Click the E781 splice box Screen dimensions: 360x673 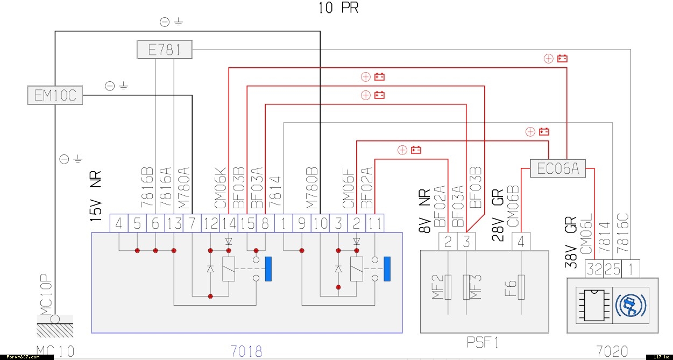tap(164, 51)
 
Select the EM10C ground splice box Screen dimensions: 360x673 tap(55, 96)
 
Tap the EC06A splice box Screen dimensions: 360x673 tap(557, 168)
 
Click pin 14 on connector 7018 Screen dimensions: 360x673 tap(229, 223)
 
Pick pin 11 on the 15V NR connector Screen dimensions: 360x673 tap(375, 223)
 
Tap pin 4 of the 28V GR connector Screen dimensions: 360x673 tap(521, 242)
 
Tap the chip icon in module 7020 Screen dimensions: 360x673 tap(595, 305)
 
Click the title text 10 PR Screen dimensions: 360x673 tap(338, 8)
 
